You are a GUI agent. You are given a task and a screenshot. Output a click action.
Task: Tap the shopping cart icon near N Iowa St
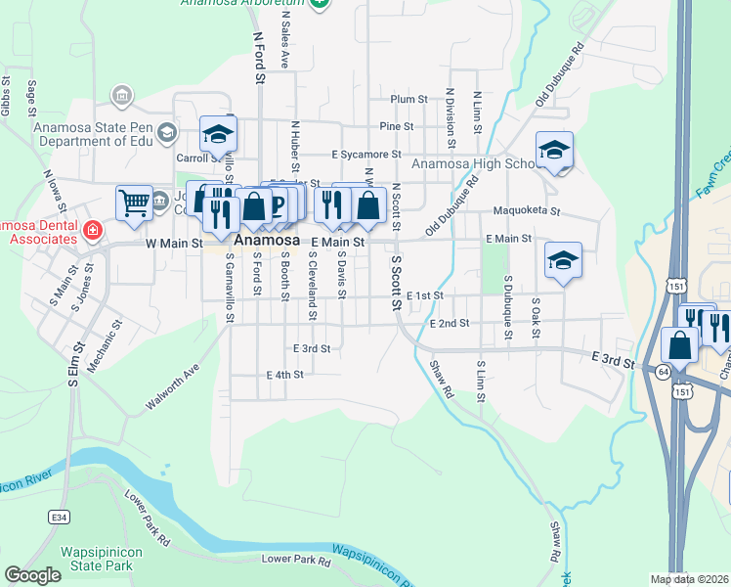tap(134, 203)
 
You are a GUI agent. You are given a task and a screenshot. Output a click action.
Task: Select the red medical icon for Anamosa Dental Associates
tap(92, 231)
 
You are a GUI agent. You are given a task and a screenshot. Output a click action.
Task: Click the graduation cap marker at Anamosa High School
tap(554, 150)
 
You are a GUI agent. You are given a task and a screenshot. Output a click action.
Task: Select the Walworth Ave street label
tap(171, 386)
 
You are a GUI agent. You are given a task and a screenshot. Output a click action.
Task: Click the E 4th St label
tap(285, 374)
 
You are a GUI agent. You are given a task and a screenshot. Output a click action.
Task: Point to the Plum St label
tap(409, 99)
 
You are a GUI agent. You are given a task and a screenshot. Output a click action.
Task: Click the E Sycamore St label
tap(366, 155)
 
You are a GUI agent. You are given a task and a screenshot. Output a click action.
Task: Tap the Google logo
tap(32, 574)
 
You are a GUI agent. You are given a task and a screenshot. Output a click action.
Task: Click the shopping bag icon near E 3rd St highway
tap(679, 345)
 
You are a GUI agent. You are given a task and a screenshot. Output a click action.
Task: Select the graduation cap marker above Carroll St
tap(218, 134)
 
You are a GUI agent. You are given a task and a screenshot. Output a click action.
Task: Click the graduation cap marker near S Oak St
tap(563, 260)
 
